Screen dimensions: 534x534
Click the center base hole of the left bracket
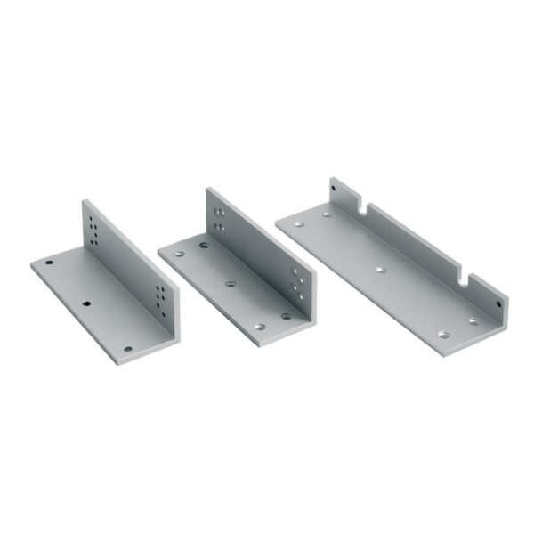point(86,303)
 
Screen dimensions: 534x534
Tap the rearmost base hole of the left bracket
point(50,264)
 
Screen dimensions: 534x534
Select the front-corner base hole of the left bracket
point(127,348)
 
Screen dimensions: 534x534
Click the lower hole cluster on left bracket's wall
point(160,295)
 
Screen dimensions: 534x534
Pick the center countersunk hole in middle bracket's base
point(231,284)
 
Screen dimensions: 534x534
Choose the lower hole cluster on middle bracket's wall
point(298,283)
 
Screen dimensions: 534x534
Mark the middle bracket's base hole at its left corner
point(179,254)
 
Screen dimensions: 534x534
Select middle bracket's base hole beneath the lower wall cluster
point(287,315)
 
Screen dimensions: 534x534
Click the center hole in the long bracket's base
point(380,268)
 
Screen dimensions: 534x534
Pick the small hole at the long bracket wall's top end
point(335,190)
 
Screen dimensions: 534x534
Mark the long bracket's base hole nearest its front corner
point(443,335)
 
